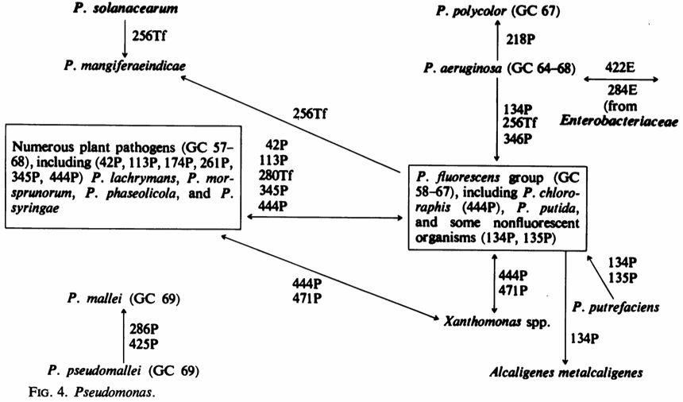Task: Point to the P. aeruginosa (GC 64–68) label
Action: pyautogui.click(x=491, y=70)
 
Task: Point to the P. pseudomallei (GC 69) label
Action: pyautogui.click(x=122, y=369)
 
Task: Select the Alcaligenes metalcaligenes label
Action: pyautogui.click(x=566, y=371)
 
